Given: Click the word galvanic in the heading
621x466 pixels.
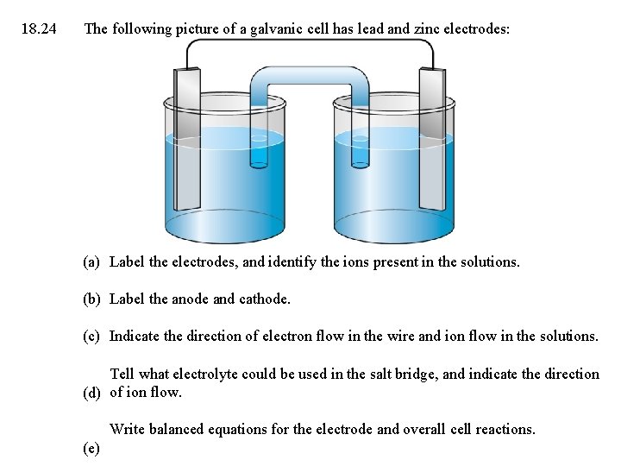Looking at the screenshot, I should click(x=268, y=29).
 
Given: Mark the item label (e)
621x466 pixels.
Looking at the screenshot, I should click(x=91, y=448).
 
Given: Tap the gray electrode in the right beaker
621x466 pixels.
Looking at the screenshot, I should click(x=433, y=142).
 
